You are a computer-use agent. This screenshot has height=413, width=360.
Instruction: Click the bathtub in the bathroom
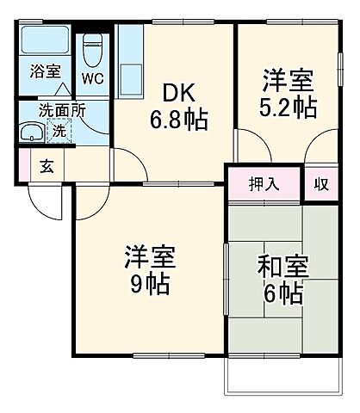pos(45,40)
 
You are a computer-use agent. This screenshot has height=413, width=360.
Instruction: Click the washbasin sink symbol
pos(33,133)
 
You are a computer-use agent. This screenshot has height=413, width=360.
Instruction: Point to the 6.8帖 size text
pos(179,120)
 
